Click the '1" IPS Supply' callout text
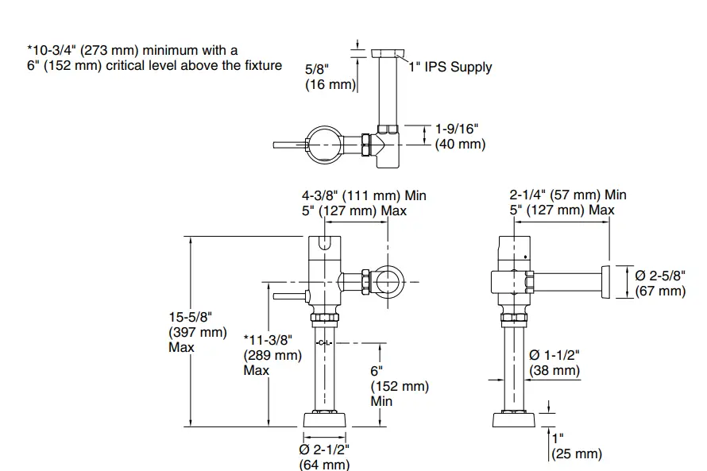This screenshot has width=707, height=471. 450,68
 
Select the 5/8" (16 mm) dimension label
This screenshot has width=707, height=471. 328,77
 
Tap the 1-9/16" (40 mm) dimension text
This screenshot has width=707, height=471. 460,136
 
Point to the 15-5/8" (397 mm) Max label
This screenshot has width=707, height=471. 196,331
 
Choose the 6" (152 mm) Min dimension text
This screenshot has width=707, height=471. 400,386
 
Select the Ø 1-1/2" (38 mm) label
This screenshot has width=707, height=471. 554,363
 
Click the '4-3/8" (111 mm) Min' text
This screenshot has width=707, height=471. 369,195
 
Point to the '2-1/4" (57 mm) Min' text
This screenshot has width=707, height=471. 567,195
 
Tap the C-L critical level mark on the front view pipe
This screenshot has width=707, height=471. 324,342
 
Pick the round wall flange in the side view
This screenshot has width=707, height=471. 606,282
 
